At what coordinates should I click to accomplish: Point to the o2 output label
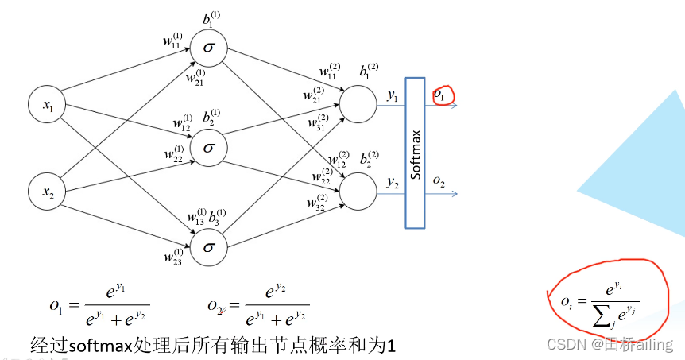point(439,182)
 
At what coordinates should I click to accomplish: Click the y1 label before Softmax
point(392,95)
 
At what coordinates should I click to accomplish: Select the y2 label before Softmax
point(392,182)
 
